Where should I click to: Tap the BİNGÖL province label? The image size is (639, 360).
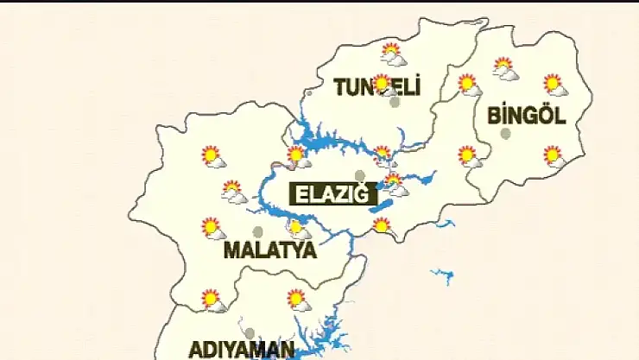coord(526,115)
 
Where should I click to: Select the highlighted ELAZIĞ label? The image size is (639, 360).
coord(332,195)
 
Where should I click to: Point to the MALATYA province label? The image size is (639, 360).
coord(269,251)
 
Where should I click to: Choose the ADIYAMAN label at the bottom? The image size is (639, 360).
coord(242,350)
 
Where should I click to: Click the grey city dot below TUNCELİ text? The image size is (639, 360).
coord(395,102)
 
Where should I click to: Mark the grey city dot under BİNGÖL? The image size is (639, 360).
coord(506,133)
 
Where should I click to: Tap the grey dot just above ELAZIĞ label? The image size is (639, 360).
coord(360,175)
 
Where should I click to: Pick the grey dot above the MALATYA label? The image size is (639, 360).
coord(257,231)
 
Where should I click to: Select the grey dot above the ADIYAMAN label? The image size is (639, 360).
coord(250,333)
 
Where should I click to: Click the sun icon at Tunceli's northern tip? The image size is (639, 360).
coord(393,54)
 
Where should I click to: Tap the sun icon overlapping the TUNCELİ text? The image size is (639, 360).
coord(382,84)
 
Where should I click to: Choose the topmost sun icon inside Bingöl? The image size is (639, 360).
coord(504,67)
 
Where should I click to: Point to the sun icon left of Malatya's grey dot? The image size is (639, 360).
coord(212,228)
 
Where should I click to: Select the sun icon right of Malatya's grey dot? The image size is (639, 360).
coord(297,229)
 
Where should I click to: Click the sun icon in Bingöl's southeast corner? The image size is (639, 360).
coord(554,156)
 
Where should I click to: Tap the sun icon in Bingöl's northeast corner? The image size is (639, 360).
coord(554,85)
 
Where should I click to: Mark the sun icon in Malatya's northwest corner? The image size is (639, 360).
coord(212,156)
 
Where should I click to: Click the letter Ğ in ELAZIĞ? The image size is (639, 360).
coord(367,195)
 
